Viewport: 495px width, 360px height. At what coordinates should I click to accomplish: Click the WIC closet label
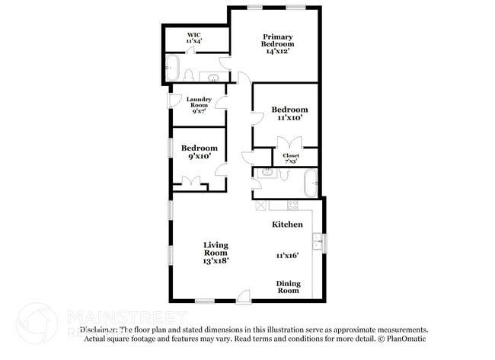193,37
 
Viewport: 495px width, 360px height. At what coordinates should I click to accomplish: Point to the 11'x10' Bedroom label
289,113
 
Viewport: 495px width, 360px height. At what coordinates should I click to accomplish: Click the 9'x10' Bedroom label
199,151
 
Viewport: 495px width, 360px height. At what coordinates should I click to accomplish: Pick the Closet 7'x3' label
291,158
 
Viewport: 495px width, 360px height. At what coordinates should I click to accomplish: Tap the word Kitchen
288,225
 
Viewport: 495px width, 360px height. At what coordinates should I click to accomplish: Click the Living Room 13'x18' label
216,253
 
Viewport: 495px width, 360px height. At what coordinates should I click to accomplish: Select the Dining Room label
288,287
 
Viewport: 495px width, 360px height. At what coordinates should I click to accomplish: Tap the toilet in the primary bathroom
188,75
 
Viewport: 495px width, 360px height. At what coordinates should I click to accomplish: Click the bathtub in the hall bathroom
310,183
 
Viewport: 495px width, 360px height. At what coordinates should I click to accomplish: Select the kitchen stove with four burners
292,205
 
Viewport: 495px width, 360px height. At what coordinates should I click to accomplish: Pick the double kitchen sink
324,244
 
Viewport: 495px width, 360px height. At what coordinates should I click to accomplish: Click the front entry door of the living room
243,298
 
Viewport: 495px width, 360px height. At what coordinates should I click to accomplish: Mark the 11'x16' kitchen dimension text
287,256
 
